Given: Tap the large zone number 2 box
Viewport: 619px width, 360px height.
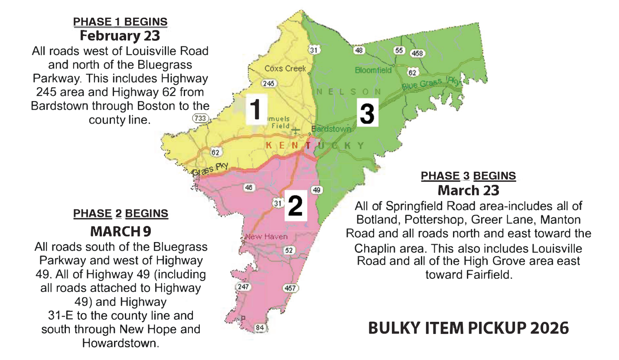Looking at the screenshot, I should coord(295,206).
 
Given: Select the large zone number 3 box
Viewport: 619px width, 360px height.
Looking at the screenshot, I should coord(367,112).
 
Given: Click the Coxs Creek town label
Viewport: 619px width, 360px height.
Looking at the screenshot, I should coord(285,69).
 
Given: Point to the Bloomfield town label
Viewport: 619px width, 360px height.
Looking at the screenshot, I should coord(373,70).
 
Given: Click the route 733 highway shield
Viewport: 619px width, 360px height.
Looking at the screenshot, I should coord(201,118).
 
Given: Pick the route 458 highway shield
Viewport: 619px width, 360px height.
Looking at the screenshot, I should coord(417,53).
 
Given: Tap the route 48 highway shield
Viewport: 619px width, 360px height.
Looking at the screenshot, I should coord(358,50).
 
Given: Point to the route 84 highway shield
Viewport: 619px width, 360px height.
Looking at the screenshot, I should coord(260,328).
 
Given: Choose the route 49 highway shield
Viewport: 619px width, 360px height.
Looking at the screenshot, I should coord(317,190).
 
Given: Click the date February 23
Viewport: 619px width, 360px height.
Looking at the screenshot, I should coord(120,35).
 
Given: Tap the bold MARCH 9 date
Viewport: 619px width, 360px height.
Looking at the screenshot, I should coord(121,232).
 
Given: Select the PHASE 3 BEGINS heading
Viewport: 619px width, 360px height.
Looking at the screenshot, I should coord(469,176).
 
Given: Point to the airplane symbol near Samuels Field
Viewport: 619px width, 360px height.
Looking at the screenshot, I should coord(296,130).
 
